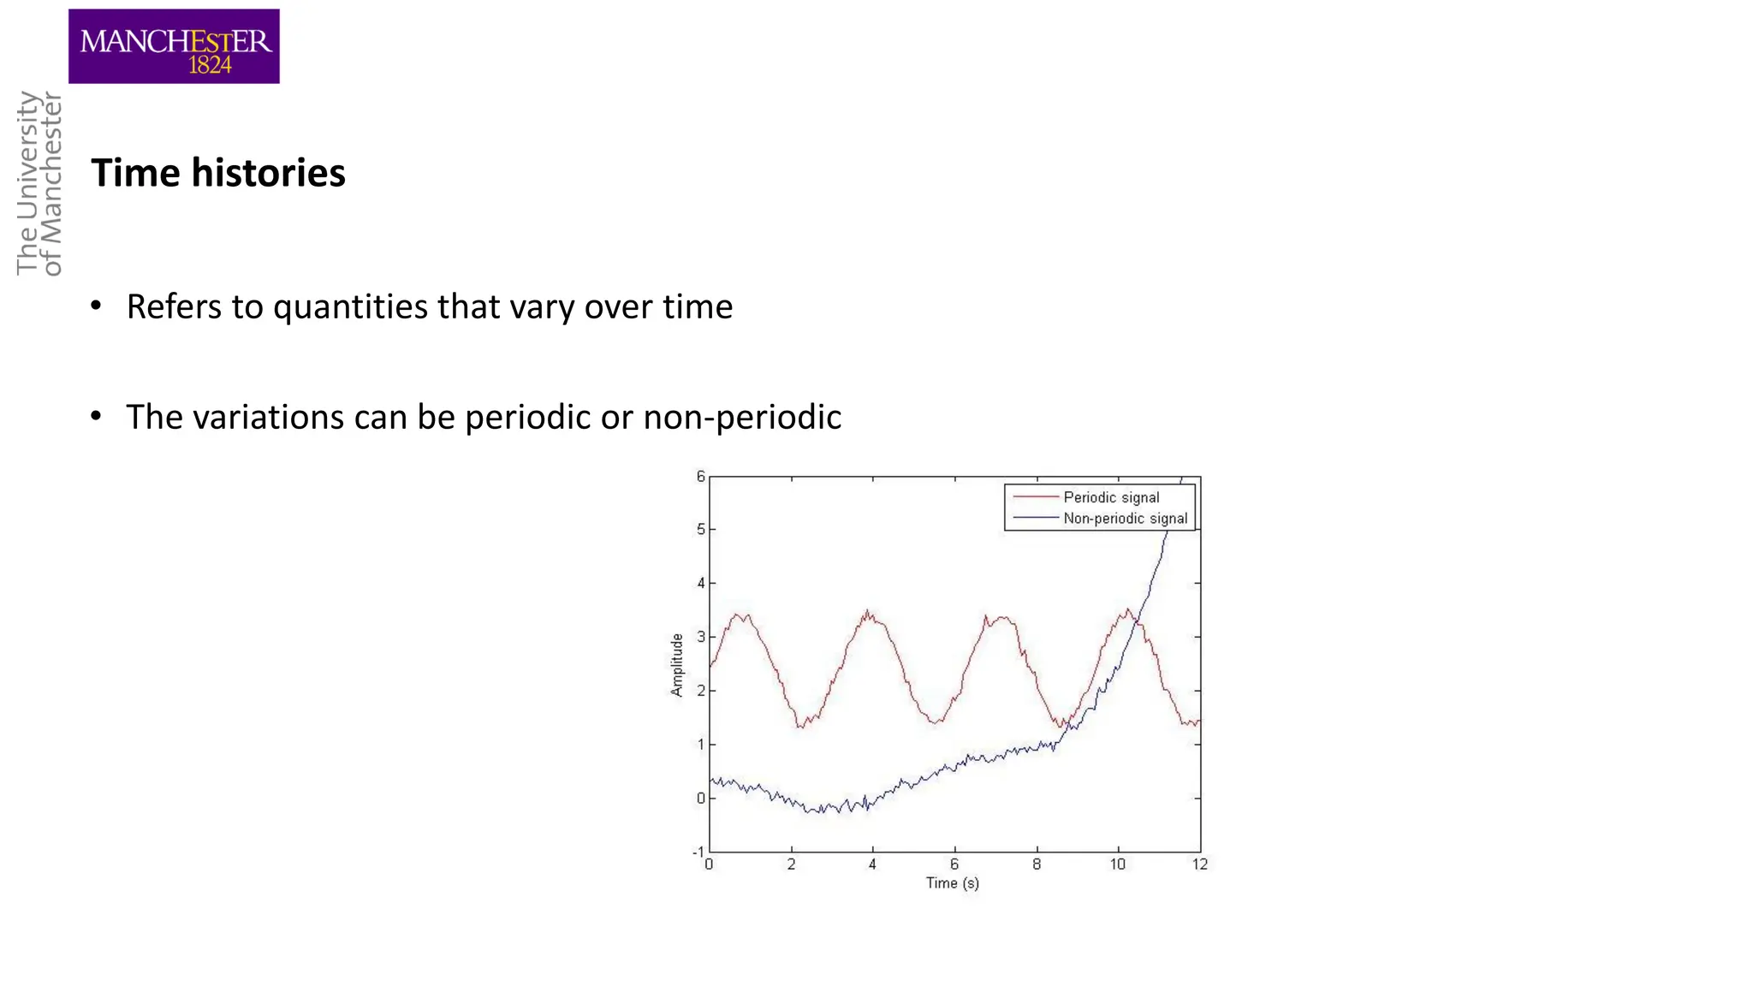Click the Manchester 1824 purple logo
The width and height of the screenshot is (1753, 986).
pyautogui.click(x=174, y=46)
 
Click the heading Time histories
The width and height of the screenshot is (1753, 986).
pyautogui.click(x=218, y=173)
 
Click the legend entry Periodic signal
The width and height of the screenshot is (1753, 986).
pyautogui.click(x=1110, y=497)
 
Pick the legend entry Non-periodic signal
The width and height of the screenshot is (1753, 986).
pyautogui.click(x=1125, y=518)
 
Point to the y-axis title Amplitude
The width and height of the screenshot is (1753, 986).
pyautogui.click(x=677, y=665)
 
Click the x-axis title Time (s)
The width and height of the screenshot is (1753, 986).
pyautogui.click(x=952, y=882)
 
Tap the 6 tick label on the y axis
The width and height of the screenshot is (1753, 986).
pyautogui.click(x=700, y=477)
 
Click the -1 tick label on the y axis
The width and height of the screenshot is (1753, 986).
pyautogui.click(x=698, y=852)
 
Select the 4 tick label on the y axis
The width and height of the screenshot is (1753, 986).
pyautogui.click(x=700, y=584)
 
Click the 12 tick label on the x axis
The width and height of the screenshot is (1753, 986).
pyautogui.click(x=1200, y=864)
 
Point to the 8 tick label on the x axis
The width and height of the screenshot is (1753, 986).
pyautogui.click(x=1037, y=864)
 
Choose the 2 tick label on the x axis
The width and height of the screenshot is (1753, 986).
pyautogui.click(x=791, y=864)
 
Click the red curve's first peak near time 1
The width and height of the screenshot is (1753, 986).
pyautogui.click(x=741, y=615)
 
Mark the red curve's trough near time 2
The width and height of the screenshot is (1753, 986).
pyautogui.click(x=800, y=726)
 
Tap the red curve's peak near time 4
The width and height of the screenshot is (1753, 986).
pyautogui.click(x=869, y=613)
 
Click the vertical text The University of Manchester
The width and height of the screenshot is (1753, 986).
pyautogui.click(x=39, y=183)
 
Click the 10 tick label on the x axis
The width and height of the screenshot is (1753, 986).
pyautogui.click(x=1118, y=864)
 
